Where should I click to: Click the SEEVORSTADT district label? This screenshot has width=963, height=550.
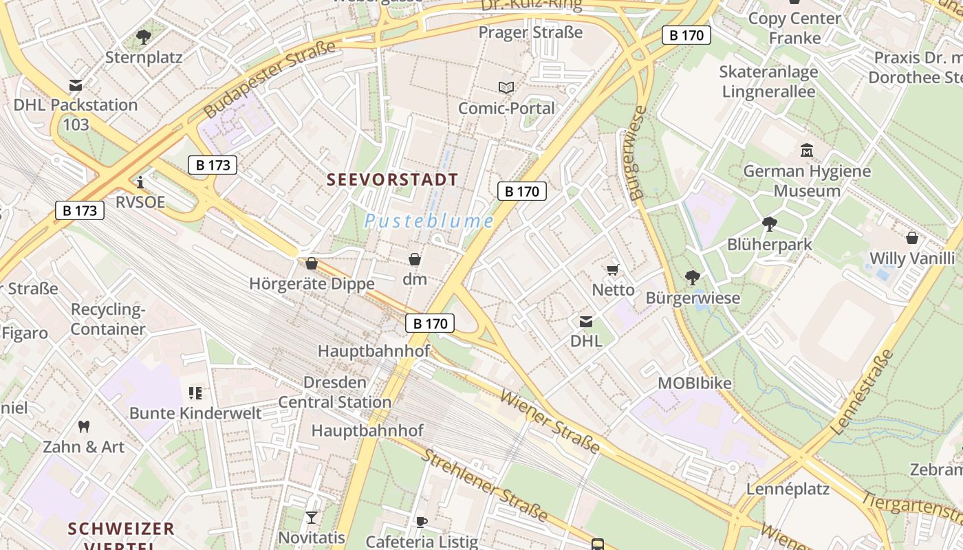(392, 180)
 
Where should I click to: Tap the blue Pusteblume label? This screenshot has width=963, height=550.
(429, 221)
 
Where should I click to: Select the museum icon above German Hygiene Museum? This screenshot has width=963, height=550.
(807, 150)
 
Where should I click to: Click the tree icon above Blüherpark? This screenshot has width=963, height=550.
(769, 223)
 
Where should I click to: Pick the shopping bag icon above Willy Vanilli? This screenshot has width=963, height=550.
(912, 238)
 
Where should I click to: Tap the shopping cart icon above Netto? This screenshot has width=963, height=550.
(612, 269)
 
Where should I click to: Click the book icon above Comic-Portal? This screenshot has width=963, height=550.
(506, 87)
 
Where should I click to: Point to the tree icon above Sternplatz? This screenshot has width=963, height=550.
(144, 36)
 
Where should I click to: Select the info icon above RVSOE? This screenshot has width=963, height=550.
(140, 182)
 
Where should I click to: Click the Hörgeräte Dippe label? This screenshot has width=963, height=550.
(312, 283)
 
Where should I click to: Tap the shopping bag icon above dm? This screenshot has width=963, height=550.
(415, 259)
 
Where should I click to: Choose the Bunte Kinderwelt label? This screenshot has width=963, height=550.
(195, 413)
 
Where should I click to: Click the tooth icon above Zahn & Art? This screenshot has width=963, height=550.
(84, 427)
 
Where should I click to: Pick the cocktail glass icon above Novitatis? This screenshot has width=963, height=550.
(312, 517)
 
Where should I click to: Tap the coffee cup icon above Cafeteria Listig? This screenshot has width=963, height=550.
(422, 522)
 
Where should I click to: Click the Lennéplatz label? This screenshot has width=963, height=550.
(788, 489)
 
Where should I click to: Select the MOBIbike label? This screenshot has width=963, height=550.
(695, 383)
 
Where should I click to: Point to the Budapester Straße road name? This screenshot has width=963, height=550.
(270, 78)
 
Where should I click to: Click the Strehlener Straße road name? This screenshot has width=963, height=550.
(484, 485)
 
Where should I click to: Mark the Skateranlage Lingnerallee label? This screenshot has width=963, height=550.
(768, 81)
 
